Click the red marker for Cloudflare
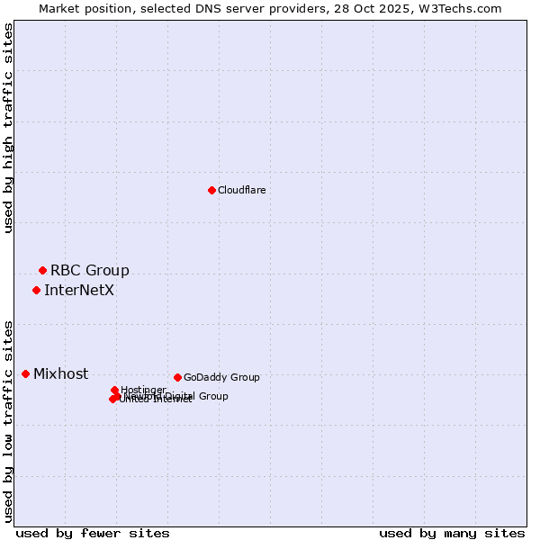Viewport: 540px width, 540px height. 211,190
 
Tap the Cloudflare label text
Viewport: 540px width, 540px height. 241,190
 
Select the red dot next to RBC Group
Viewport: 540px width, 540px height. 42,270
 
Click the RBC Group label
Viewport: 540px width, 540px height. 89,270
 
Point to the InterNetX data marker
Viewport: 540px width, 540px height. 36,290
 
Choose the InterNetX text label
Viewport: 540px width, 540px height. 79,290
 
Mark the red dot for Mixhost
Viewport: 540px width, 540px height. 25,373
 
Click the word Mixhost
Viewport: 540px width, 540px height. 60,373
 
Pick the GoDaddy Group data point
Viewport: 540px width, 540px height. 177,377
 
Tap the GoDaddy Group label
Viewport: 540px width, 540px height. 221,377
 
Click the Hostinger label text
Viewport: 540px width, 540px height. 143,390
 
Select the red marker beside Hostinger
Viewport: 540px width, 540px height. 114,390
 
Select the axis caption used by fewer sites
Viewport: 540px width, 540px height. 93,533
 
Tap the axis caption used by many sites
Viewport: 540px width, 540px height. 452,533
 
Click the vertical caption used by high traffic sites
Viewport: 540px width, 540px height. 9,128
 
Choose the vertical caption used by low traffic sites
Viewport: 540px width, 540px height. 9,420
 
